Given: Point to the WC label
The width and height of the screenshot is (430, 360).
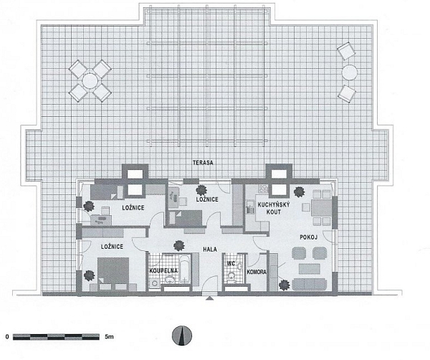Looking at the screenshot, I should pos(230,264).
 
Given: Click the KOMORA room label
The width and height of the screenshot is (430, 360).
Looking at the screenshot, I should pos(257,273).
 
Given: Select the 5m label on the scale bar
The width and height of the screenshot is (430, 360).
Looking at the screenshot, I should pos(108,336).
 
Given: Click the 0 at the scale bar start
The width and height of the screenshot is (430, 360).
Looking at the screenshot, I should pos(6,336).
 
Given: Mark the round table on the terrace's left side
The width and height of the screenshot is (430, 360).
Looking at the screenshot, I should pos(90,80).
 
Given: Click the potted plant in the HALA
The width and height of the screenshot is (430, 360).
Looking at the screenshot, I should pos(173,245).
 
